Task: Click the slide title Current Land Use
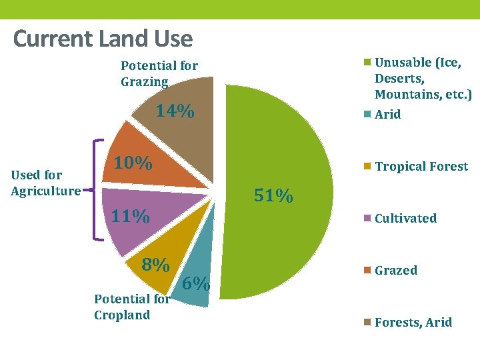(x=103, y=39)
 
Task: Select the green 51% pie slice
(x=287, y=153)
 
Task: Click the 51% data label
(x=274, y=196)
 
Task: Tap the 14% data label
(x=175, y=111)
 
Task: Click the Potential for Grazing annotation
(x=159, y=73)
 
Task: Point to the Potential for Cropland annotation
(x=131, y=307)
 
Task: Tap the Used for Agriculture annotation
(x=45, y=183)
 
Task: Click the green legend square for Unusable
(x=367, y=63)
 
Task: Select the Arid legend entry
(x=387, y=114)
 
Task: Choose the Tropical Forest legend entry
(x=421, y=166)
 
